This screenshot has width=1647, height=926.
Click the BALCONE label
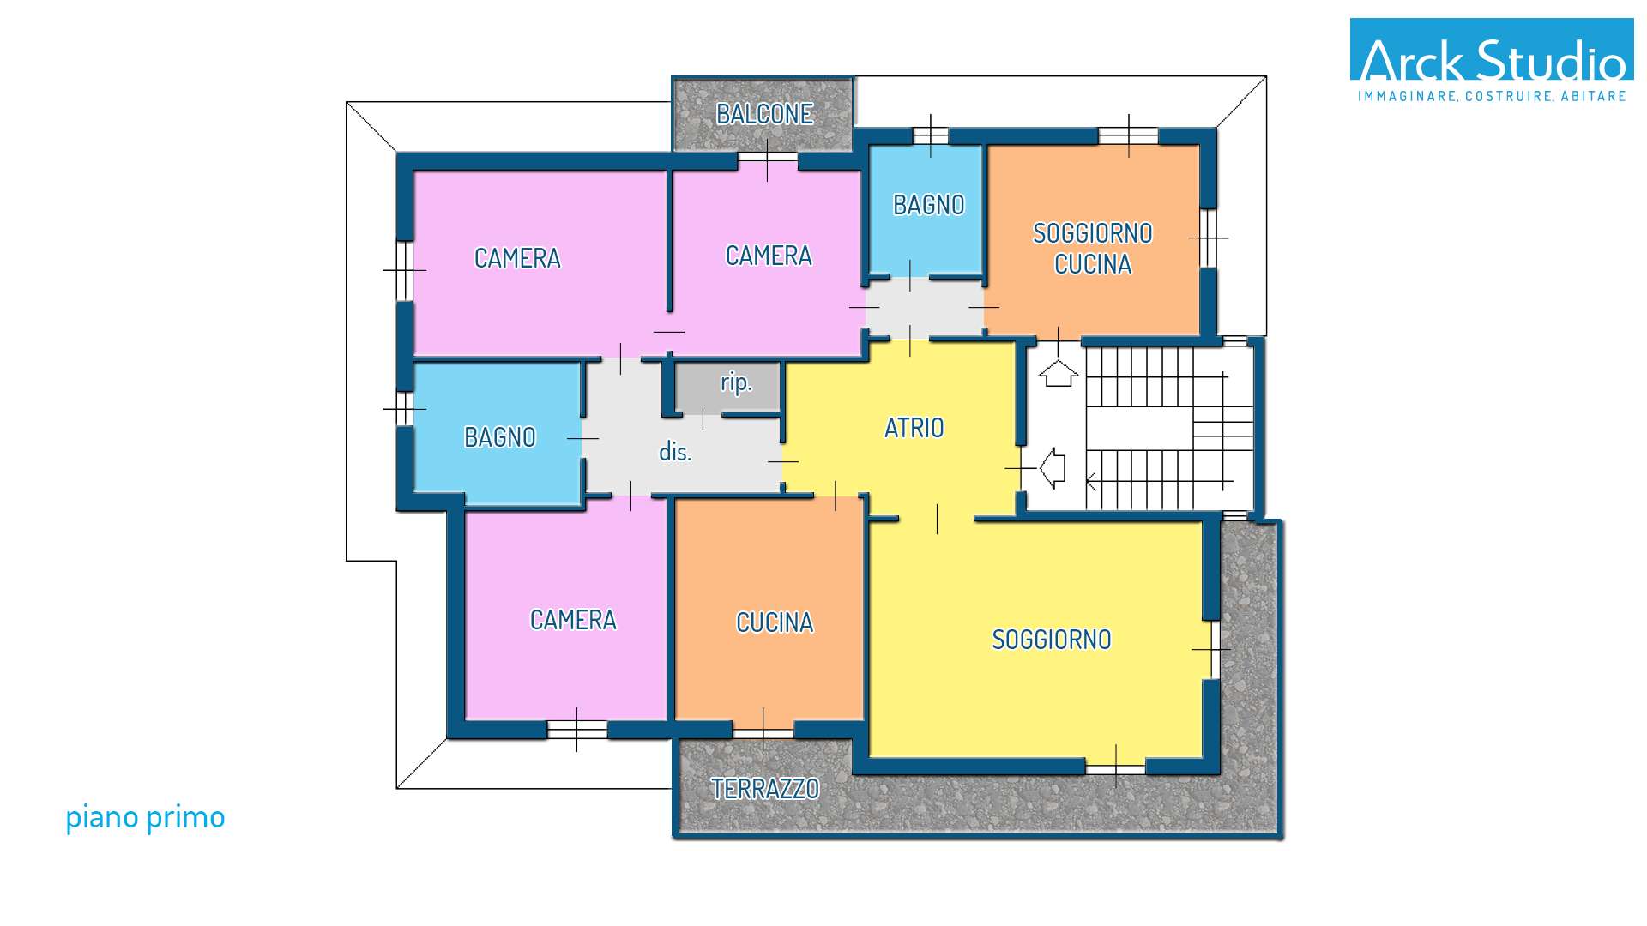click(x=764, y=114)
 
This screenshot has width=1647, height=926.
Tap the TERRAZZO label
click(x=765, y=789)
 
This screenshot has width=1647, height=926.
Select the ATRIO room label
click(x=914, y=428)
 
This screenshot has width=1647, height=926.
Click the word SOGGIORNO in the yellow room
click(x=1052, y=640)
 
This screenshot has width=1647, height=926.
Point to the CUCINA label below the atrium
click(x=775, y=622)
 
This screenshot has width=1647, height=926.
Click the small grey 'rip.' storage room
click(x=728, y=388)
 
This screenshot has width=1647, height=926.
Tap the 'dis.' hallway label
click(x=675, y=452)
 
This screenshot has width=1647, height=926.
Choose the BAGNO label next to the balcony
click(x=929, y=205)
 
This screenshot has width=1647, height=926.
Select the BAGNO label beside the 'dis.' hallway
click(x=500, y=437)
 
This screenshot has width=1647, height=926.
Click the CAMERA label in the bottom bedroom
click(x=573, y=620)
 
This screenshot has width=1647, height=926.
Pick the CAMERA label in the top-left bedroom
click(x=517, y=258)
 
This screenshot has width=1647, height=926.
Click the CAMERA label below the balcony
click(x=769, y=256)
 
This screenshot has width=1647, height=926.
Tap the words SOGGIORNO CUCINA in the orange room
click(x=1093, y=249)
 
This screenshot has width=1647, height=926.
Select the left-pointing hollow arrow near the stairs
click(x=1053, y=468)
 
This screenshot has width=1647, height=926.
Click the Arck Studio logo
click(x=1492, y=61)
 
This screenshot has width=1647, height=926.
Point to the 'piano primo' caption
click(x=145, y=818)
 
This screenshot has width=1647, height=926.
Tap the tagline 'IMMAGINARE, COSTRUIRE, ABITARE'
click(x=1492, y=96)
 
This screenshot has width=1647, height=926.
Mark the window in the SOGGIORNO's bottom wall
click(x=1115, y=767)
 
